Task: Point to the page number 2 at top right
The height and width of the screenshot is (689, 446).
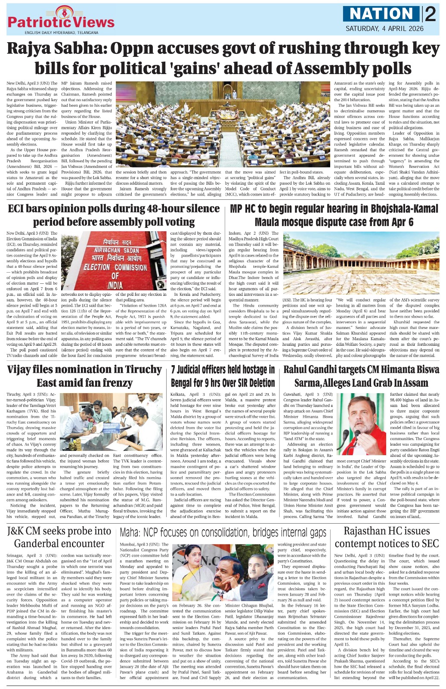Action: tap(430, 14)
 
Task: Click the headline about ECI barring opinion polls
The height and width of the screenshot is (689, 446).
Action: tap(114, 215)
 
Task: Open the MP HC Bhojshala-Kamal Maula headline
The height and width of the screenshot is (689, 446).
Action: tap(334, 215)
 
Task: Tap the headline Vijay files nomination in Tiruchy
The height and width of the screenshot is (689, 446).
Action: tap(84, 376)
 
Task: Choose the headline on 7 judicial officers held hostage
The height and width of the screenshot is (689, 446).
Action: tap(223, 376)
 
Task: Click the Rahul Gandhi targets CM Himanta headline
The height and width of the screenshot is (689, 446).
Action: tap(361, 376)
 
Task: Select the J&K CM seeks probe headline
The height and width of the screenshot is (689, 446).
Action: tap(59, 537)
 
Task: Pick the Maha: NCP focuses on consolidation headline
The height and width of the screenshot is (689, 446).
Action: tap(223, 533)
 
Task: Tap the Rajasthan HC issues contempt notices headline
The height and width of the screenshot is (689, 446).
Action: tap(386, 537)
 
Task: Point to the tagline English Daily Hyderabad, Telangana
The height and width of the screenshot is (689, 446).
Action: tap(61, 33)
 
